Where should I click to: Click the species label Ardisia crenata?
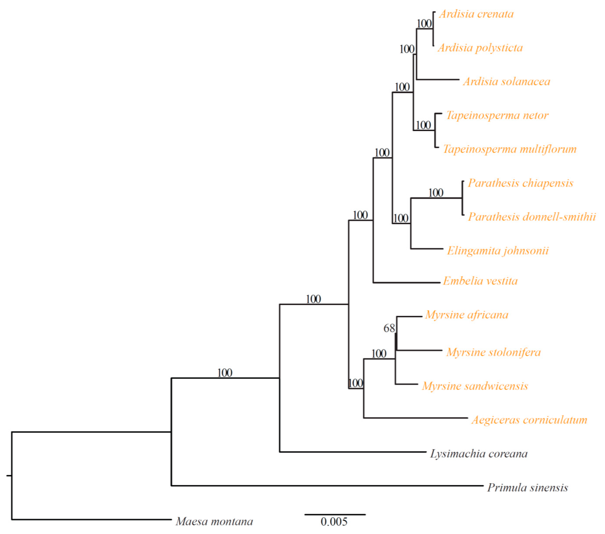476,14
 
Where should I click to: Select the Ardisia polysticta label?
480,48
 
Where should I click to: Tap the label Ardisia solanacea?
506,82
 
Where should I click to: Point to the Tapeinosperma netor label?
497,115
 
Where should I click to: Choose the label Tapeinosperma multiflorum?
509,149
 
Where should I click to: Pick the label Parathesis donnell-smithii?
532,217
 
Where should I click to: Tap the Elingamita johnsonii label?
498,251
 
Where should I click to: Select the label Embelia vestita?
480,281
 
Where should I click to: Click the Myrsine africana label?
466,315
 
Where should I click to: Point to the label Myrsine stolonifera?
493,352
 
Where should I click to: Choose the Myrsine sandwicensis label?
475,386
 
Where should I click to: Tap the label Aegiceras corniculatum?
529,420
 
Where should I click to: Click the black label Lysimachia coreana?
479,454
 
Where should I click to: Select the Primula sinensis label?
527,487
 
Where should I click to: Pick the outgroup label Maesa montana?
214,521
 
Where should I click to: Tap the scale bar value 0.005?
334,522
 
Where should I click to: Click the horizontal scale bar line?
335,515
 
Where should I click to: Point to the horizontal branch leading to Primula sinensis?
326,486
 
